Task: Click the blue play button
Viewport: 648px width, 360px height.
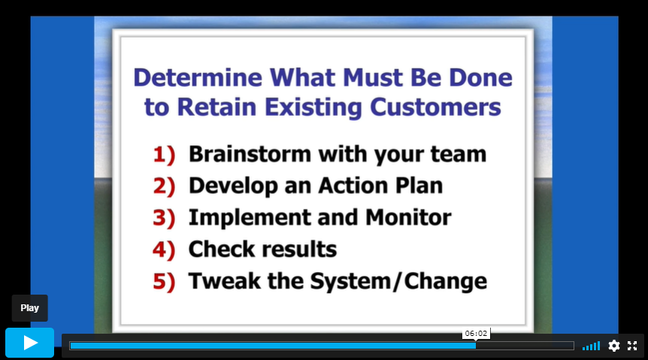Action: point(30,343)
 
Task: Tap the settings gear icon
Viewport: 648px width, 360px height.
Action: point(614,346)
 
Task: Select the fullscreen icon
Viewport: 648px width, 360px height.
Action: point(632,346)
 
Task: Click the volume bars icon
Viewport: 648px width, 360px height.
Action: point(591,346)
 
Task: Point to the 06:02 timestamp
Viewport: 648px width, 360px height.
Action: point(476,333)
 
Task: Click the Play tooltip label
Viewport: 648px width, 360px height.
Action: point(30,308)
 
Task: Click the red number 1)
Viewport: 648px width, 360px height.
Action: point(164,155)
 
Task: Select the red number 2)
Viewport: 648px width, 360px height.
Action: point(164,186)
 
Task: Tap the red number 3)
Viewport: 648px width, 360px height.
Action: point(164,218)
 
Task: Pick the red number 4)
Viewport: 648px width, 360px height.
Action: point(164,250)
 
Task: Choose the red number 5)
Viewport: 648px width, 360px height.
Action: point(164,282)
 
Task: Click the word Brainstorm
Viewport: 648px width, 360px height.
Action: point(250,154)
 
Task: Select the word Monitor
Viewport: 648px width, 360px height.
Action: point(408,217)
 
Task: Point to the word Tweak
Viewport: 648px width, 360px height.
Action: point(225,281)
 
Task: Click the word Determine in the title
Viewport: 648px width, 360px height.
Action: point(198,77)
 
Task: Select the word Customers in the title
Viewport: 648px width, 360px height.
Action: point(435,107)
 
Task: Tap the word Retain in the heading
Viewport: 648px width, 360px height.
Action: point(217,107)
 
